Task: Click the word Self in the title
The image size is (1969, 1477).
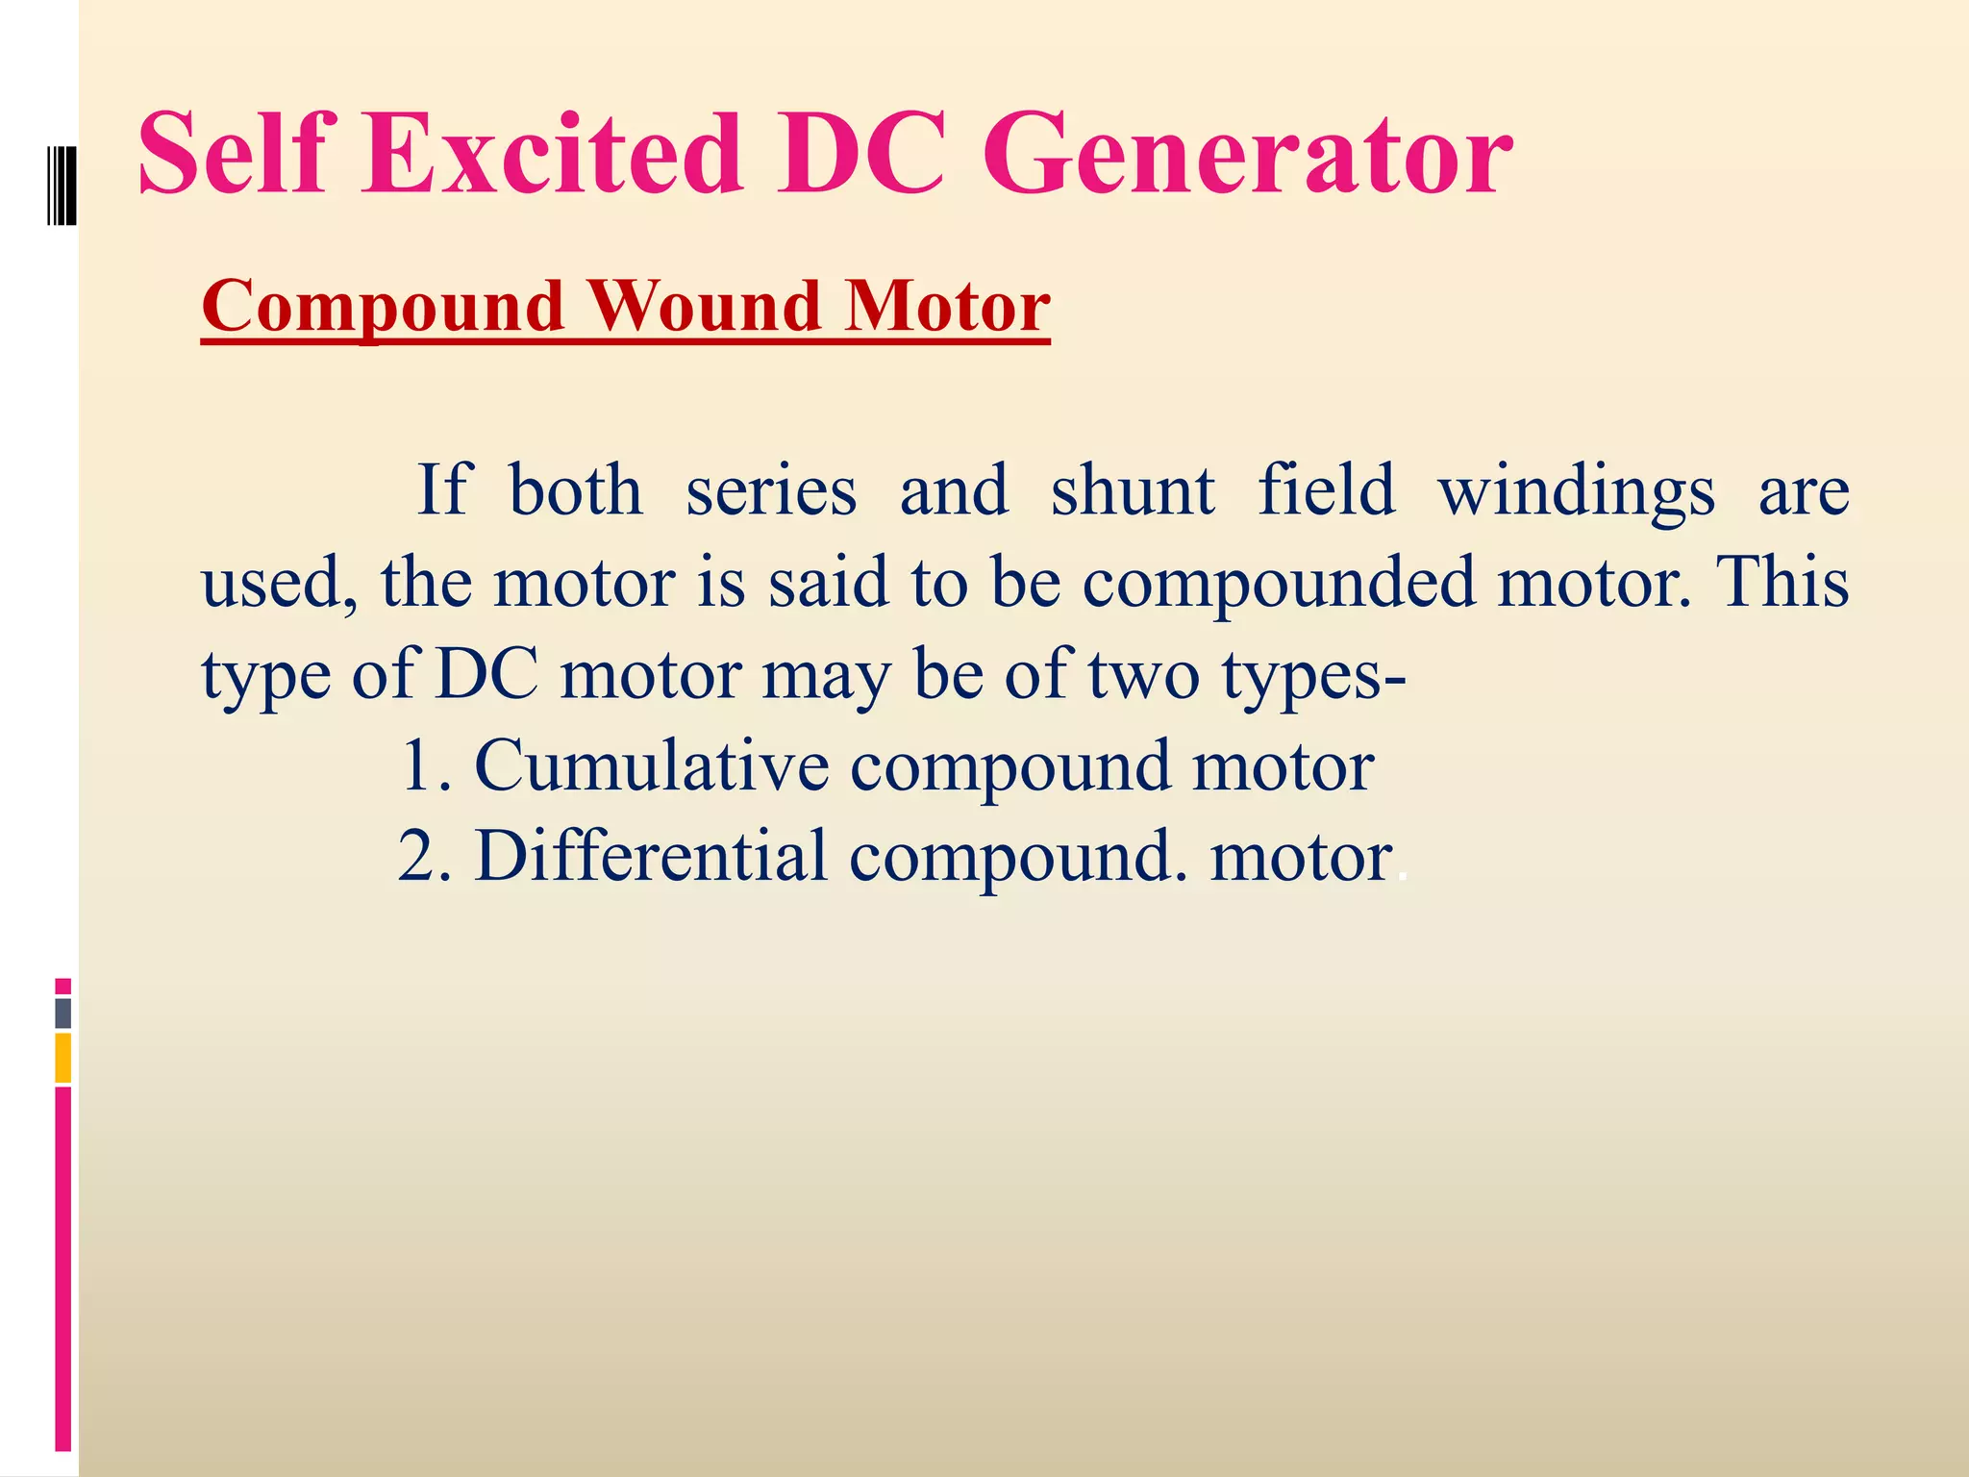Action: (x=237, y=154)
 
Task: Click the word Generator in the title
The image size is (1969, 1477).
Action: (x=1246, y=154)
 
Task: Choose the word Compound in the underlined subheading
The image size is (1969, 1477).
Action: (x=383, y=308)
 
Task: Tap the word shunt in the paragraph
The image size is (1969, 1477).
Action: (x=1133, y=490)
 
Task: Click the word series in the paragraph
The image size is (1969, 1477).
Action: (x=770, y=490)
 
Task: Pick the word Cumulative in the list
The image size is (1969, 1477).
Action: (x=651, y=765)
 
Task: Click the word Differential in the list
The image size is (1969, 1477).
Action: (x=651, y=856)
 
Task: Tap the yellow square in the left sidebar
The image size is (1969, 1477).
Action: (x=63, y=1058)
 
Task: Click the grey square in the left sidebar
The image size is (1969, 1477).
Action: (x=63, y=1014)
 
